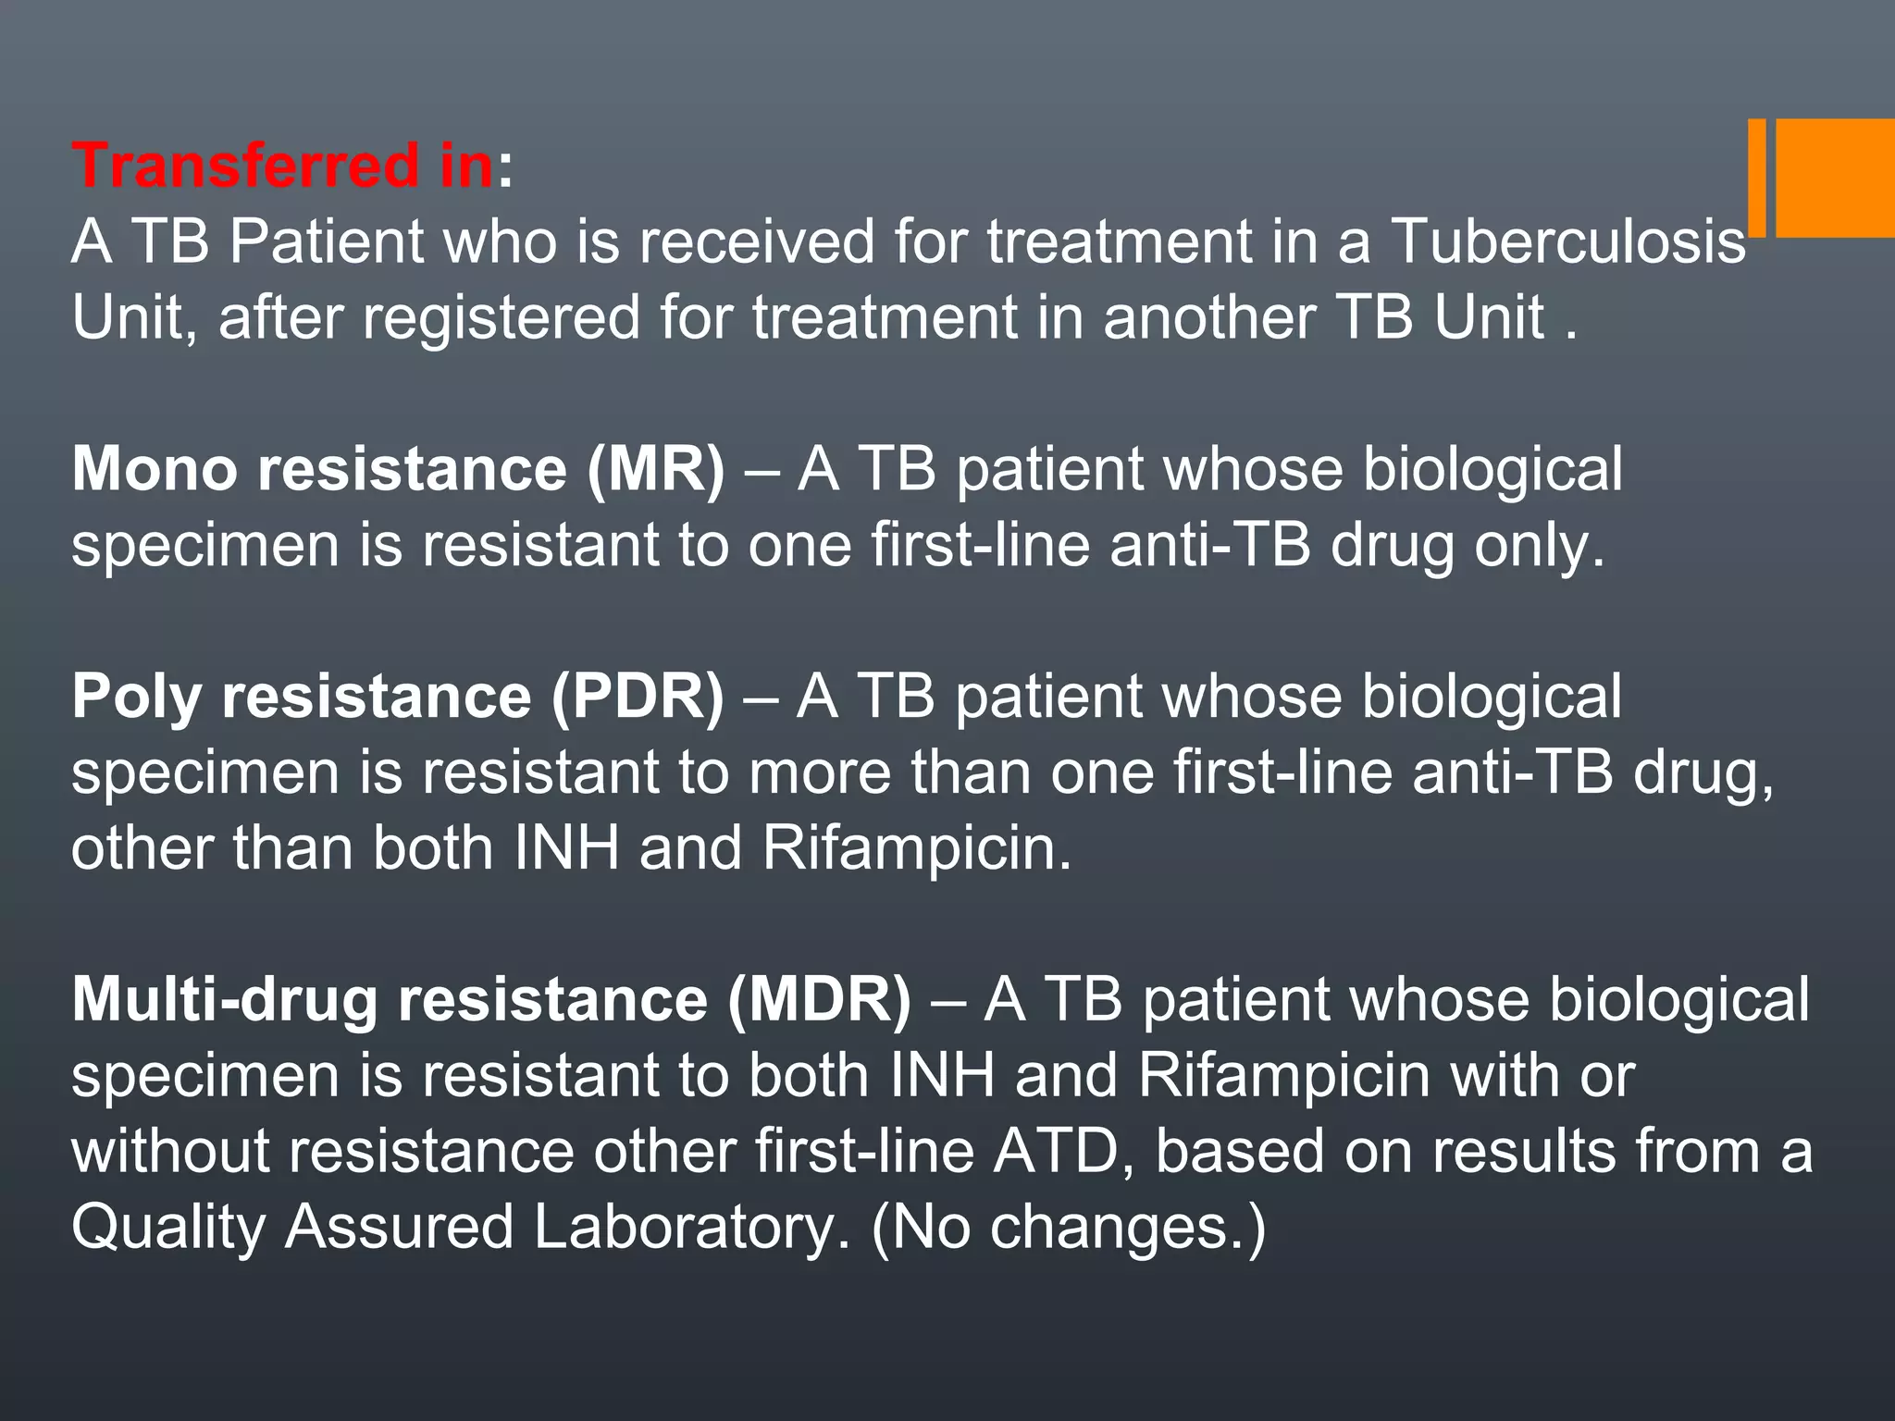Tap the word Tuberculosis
(1568, 241)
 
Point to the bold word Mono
(155, 469)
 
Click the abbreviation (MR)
(655, 469)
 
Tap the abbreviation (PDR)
(638, 696)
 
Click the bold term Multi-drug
(225, 999)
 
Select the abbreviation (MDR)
(819, 999)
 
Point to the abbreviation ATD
(1056, 1151)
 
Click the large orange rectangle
(1835, 178)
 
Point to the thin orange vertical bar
(1756, 178)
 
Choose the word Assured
(399, 1227)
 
